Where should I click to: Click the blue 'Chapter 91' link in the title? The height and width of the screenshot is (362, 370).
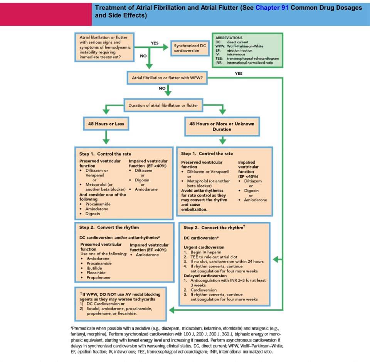[x=272, y=8]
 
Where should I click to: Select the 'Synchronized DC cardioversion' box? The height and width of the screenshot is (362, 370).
[x=190, y=48]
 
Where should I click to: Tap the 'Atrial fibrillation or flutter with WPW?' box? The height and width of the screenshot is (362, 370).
[x=167, y=77]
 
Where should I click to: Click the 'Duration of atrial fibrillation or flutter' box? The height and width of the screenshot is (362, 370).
[x=163, y=105]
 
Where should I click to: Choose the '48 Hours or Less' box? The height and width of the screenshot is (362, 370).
[x=106, y=124]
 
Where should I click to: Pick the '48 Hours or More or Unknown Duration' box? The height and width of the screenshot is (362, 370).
[x=222, y=126]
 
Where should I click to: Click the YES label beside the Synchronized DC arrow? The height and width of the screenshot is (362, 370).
[x=155, y=43]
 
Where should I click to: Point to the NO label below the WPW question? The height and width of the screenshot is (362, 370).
[x=162, y=88]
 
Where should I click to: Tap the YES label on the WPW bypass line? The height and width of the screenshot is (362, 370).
[x=239, y=73]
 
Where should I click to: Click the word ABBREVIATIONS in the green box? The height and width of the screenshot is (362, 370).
[x=229, y=38]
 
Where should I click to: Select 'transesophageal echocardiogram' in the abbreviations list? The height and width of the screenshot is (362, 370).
[x=253, y=58]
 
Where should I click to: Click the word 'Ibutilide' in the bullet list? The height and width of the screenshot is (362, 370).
[x=94, y=268]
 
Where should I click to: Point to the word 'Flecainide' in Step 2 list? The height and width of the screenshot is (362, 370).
[x=96, y=273]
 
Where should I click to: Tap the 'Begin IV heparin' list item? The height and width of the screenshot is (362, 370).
[x=206, y=252]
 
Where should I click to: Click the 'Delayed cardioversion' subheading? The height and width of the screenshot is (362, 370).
[x=205, y=276]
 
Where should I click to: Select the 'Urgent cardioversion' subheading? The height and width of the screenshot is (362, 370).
[x=204, y=247]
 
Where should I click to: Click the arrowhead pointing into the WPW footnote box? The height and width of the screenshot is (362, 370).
[x=172, y=310]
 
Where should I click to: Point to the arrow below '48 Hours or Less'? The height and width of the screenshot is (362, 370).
[x=106, y=137]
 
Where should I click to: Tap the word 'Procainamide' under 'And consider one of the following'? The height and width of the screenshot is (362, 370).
[x=98, y=204]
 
